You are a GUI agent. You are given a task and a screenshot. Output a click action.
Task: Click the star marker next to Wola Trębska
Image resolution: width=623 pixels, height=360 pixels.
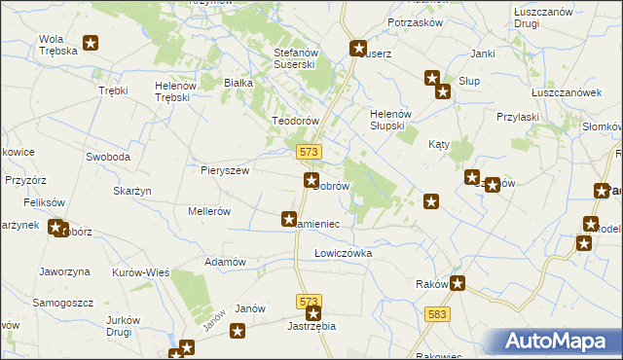click(x=92, y=43)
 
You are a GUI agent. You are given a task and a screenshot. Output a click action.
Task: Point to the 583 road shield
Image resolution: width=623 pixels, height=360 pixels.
click(x=438, y=313)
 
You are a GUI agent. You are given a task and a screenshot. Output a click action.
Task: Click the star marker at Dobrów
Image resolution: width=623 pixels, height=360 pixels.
click(x=311, y=180)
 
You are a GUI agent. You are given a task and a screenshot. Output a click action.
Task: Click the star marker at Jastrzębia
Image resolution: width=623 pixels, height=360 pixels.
click(x=313, y=313)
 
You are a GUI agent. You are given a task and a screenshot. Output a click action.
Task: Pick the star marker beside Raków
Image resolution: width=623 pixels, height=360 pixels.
click(x=458, y=284)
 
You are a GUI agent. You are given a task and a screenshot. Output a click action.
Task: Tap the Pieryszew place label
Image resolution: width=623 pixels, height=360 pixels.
click(x=225, y=170)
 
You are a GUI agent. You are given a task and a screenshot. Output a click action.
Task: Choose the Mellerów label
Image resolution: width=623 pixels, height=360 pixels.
click(x=208, y=210)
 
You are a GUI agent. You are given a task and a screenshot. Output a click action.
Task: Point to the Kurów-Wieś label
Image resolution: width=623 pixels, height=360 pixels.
click(x=141, y=273)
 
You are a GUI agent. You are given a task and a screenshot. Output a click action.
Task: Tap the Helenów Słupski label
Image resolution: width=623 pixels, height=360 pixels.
click(x=394, y=120)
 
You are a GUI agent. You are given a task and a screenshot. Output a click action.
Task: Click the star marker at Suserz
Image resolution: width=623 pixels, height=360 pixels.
click(x=358, y=47)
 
